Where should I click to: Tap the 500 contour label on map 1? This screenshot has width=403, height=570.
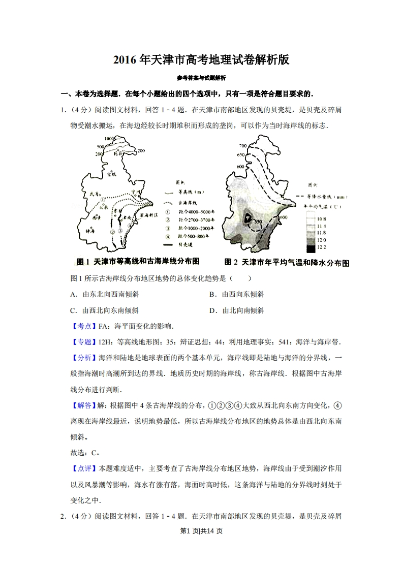coord(99,148)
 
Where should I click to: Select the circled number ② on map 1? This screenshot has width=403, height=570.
coord(111,232)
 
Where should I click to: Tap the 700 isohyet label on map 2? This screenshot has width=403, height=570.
coord(242,146)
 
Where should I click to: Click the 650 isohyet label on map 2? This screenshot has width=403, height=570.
coord(241,154)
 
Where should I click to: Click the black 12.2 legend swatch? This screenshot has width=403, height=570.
coord(311,248)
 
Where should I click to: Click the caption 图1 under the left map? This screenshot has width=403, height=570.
coord(83,261)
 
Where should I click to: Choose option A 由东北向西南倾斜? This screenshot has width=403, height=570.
coord(104,294)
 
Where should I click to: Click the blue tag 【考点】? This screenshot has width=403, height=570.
coord(81,326)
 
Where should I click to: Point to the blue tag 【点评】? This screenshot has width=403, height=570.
coord(81,468)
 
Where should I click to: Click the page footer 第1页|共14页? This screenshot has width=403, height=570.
coord(202,531)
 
